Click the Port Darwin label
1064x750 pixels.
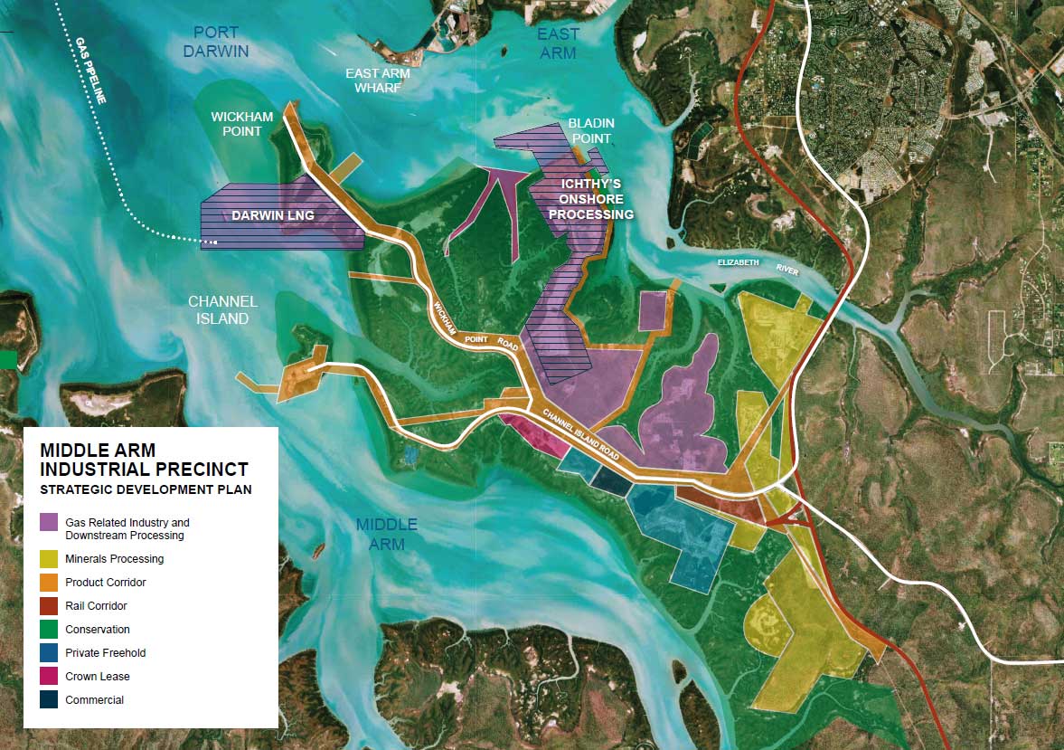coord(215,42)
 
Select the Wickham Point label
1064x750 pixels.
coord(236,124)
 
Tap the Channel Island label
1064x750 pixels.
coord(222,310)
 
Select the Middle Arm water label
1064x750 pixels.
coord(386,534)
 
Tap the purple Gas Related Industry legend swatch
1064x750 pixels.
coord(49,522)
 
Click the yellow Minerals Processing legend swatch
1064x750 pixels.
coord(49,559)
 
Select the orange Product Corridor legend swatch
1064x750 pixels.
coord(49,583)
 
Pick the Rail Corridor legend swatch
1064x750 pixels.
coord(49,606)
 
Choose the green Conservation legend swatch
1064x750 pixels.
coord(49,630)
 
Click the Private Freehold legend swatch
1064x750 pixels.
coord(49,653)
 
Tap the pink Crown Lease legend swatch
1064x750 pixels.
coord(49,677)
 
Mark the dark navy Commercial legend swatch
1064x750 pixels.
coord(49,700)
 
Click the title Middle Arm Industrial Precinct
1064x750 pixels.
coord(144,460)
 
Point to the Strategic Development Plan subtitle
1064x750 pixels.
coord(146,489)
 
